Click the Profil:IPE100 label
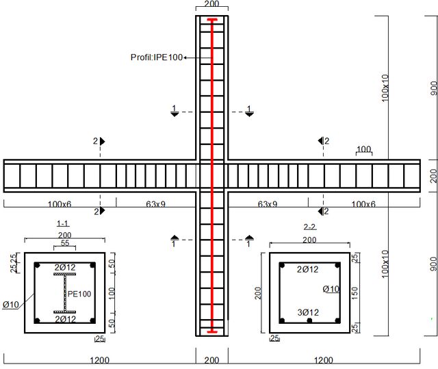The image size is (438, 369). pyautogui.click(x=157, y=57)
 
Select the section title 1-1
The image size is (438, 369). pyautogui.click(x=62, y=223)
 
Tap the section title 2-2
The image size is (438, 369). pyautogui.click(x=310, y=227)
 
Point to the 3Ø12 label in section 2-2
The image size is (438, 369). pyautogui.click(x=308, y=312)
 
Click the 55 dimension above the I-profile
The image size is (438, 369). pyautogui.click(x=65, y=243)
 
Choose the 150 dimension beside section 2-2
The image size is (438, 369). pyautogui.click(x=355, y=293)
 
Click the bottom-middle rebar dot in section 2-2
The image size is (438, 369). pyautogui.click(x=309, y=320)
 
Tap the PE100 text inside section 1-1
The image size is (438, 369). pyautogui.click(x=79, y=294)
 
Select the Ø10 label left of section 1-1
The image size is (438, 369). pyautogui.click(x=11, y=305)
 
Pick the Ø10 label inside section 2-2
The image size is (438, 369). pyautogui.click(x=331, y=289)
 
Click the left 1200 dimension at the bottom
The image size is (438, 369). pyautogui.click(x=100, y=360)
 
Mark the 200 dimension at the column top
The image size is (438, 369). pyautogui.click(x=211, y=4)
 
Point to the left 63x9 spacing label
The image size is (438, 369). pyautogui.click(x=155, y=204)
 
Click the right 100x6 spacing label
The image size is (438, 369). pyautogui.click(x=363, y=204)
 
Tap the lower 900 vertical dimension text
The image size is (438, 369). pyautogui.click(x=433, y=264)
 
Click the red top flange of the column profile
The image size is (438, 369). pyautogui.click(x=212, y=20)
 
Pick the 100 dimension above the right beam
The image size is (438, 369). pyautogui.click(x=363, y=149)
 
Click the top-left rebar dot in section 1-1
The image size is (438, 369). pyautogui.click(x=37, y=265)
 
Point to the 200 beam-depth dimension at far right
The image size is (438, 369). pyautogui.click(x=433, y=176)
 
